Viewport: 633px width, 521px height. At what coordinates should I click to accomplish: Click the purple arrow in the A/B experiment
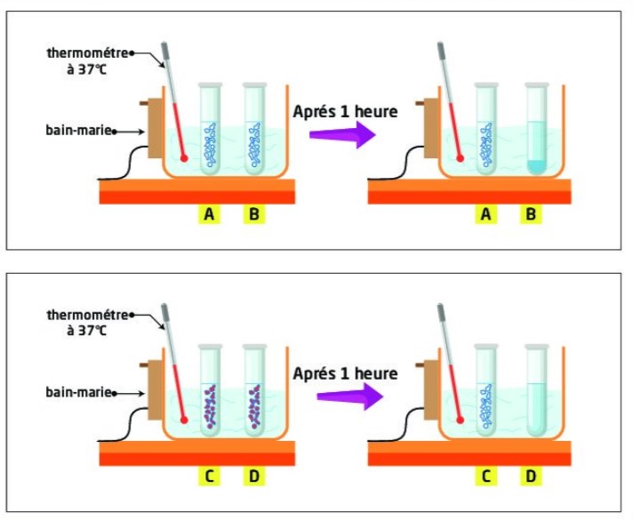pyautogui.click(x=340, y=134)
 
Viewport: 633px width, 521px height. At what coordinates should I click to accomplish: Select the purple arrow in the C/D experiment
pyautogui.click(x=340, y=396)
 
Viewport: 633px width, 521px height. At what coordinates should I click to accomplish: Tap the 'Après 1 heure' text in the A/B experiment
pyautogui.click(x=345, y=111)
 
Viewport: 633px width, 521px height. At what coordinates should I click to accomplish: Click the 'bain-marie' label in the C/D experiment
pyautogui.click(x=77, y=391)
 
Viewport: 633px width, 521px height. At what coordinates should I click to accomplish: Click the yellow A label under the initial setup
pyautogui.click(x=209, y=215)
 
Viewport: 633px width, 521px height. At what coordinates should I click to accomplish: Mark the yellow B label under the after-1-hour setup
pyautogui.click(x=532, y=215)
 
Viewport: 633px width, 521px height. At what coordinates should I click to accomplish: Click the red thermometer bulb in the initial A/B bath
pyautogui.click(x=183, y=158)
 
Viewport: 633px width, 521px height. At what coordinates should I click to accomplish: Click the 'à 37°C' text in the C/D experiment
pyautogui.click(x=87, y=331)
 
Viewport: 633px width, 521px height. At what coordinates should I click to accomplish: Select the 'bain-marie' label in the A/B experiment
pyautogui.click(x=77, y=130)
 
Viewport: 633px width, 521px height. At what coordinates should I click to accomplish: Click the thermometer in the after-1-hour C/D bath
pyautogui.click(x=449, y=365)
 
